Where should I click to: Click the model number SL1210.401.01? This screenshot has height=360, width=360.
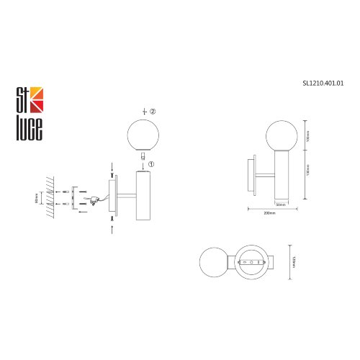(x=323, y=83)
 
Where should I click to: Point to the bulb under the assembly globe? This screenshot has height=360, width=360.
(x=142, y=156)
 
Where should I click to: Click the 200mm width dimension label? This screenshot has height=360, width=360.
(x=270, y=214)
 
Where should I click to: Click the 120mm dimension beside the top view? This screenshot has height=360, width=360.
(x=294, y=258)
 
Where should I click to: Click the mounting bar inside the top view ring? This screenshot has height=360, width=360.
(x=252, y=263)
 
